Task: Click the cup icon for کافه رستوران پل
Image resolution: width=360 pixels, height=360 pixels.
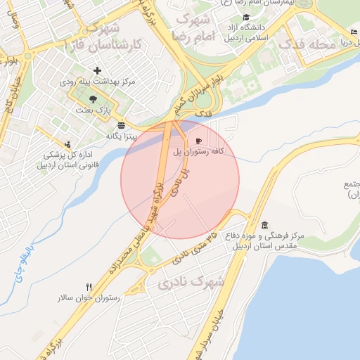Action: (x=198, y=141)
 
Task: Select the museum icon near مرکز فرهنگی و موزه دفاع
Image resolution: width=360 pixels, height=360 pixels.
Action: (x=264, y=225)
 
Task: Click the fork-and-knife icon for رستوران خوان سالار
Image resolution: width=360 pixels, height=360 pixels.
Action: (x=89, y=287)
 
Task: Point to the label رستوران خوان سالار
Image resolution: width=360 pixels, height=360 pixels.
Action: (x=89, y=298)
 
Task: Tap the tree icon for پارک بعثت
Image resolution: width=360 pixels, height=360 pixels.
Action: (x=94, y=99)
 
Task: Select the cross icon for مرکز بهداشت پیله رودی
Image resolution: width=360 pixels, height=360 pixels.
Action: (x=97, y=70)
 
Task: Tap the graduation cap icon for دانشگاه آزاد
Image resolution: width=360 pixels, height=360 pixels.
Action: (x=245, y=18)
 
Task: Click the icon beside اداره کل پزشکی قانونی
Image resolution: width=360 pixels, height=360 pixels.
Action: (x=67, y=143)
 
